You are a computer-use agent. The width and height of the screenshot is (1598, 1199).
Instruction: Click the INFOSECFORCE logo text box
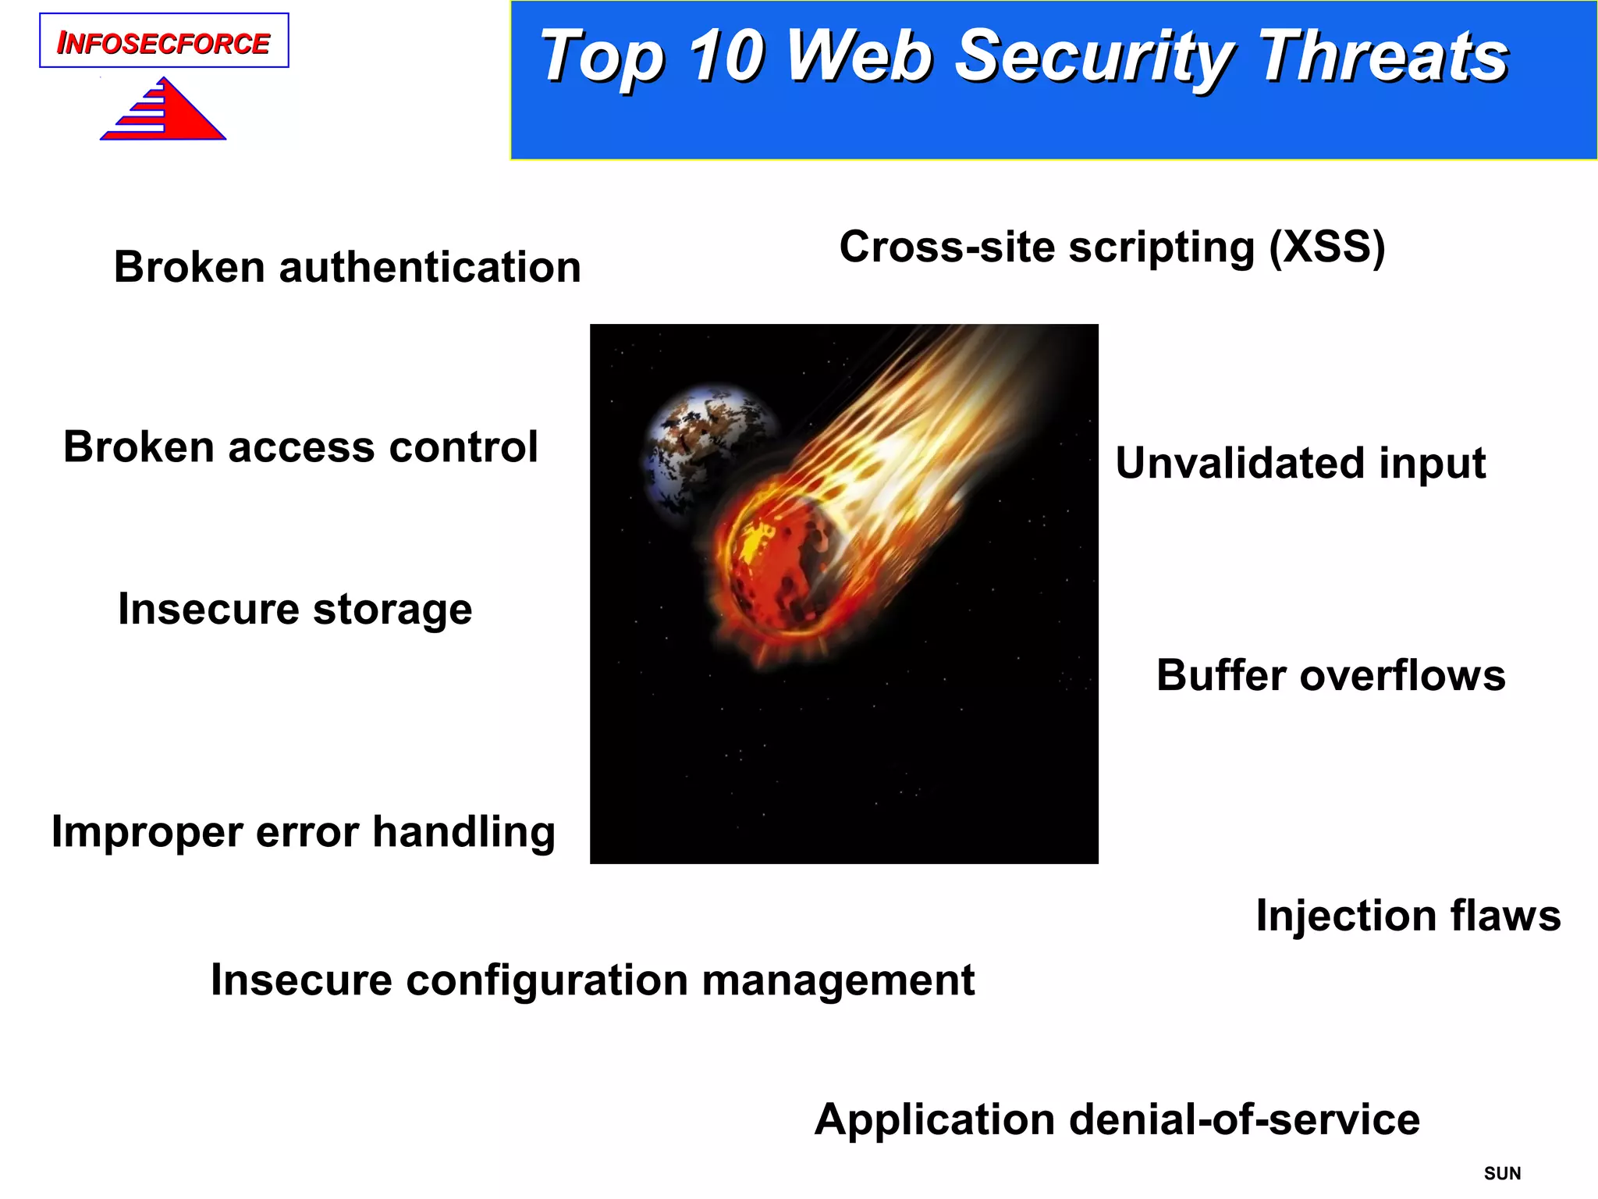[x=164, y=41]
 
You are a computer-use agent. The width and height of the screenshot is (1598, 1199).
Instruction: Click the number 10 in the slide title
[x=726, y=56]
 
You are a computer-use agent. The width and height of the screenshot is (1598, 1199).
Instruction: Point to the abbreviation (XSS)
[x=1326, y=247]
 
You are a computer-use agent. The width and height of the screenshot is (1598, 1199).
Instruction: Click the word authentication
[x=430, y=268]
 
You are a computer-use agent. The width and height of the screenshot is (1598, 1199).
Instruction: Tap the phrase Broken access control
[x=300, y=447]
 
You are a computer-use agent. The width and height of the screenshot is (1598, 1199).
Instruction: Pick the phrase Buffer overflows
[x=1330, y=675]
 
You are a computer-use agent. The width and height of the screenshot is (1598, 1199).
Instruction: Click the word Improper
[x=146, y=833]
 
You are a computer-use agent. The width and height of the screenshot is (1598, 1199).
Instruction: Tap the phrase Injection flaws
[x=1408, y=916]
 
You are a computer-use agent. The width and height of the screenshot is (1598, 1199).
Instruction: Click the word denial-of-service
[x=1244, y=1119]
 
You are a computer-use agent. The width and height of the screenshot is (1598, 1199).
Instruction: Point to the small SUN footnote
[x=1502, y=1173]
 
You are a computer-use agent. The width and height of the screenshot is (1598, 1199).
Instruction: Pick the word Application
[x=935, y=1119]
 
